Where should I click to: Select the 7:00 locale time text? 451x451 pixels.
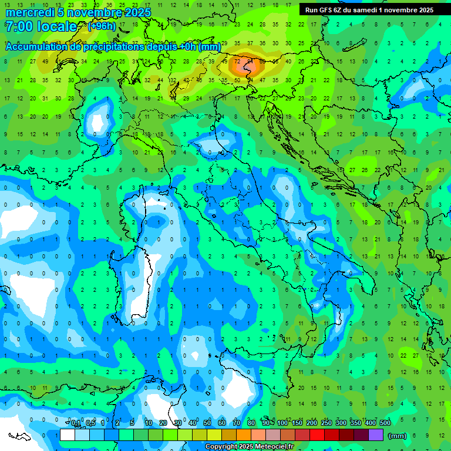41,26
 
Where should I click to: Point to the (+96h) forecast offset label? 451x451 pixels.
102,26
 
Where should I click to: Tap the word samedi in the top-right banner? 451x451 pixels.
362,10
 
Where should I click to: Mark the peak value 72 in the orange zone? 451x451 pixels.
237,61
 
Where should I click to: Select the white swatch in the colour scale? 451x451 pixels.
68,435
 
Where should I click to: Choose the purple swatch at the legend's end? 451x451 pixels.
376,435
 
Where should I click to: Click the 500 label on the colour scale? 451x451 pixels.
385,423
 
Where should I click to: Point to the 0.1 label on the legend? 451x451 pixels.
76,423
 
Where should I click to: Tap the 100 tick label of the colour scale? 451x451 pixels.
282,423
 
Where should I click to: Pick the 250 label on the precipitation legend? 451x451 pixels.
327,423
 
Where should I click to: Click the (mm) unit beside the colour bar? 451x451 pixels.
398,436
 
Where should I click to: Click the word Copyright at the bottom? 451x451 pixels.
222,447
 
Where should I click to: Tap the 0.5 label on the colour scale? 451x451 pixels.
90,423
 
